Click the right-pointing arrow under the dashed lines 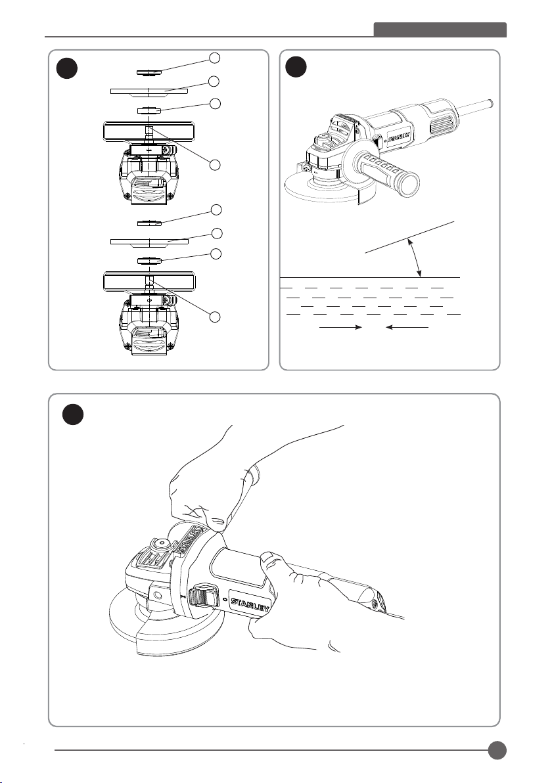340,326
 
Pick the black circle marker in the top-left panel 66,67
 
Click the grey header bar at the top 440,30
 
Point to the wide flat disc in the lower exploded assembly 150,242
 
